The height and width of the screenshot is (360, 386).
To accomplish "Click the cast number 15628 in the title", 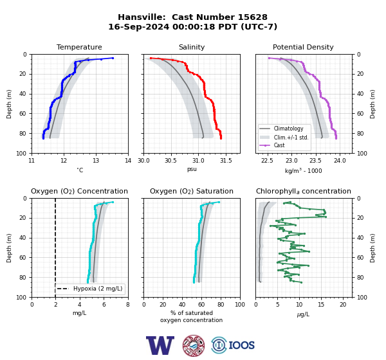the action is [x=252, y=17].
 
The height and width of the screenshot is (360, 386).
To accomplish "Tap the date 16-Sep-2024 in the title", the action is [x=138, y=26].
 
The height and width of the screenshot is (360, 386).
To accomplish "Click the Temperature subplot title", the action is [x=79, y=47].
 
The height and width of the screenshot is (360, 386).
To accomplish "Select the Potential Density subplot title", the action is [x=303, y=47].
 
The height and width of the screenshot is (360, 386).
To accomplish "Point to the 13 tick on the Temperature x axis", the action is [x=96, y=161].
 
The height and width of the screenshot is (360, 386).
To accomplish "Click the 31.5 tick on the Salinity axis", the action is [x=226, y=161].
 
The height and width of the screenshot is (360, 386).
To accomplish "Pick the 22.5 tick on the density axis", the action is [x=267, y=161].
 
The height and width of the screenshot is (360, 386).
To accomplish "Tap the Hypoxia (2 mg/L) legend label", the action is [x=98, y=289].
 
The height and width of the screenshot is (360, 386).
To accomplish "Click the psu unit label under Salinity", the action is [x=192, y=170].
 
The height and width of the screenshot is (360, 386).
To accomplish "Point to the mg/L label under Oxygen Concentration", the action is [x=79, y=313].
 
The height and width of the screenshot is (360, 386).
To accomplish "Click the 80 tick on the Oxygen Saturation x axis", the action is [x=221, y=305].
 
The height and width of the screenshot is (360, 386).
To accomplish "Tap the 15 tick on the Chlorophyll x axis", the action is [x=321, y=305].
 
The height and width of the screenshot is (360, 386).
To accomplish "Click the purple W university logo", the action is [x=160, y=345].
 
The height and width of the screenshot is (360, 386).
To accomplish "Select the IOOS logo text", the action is [x=241, y=345].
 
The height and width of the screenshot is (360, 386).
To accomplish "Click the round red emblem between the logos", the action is [x=194, y=345].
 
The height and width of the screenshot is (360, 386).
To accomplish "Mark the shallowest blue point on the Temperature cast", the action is [x=113, y=58].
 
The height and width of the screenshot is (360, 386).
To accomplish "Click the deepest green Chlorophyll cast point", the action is [x=301, y=282].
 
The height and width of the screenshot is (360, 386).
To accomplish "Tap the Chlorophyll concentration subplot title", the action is [x=303, y=191].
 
